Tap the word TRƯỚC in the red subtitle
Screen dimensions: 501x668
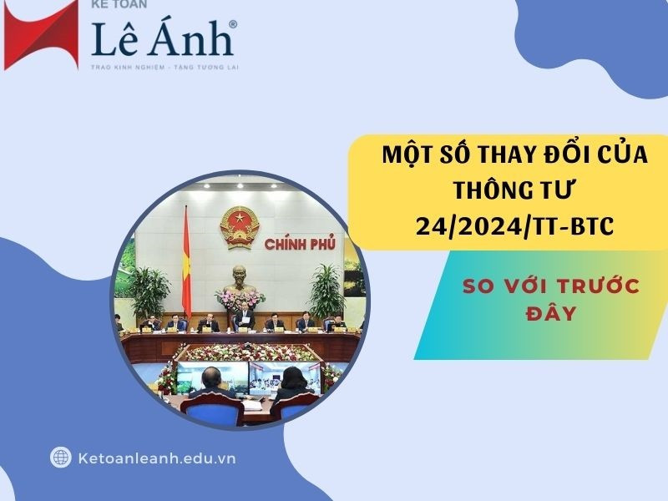pyautogui.click(x=601, y=287)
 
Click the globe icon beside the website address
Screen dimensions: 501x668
pyautogui.click(x=60, y=457)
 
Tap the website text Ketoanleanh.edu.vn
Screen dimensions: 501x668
pyautogui.click(x=155, y=458)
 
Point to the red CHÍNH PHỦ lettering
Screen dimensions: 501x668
pyautogui.click(x=299, y=244)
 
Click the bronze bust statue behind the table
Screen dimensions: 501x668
pyautogui.click(x=240, y=278)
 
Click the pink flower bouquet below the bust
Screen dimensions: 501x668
pyautogui.click(x=240, y=299)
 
